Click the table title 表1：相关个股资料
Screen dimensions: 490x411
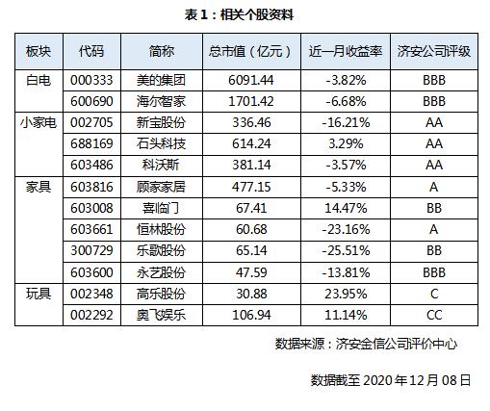tap(239, 15)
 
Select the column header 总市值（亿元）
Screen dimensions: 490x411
tap(251, 51)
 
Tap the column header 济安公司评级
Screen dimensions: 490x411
tap(434, 51)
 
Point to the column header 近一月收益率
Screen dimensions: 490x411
tap(346, 51)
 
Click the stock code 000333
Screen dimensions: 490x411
tap(91, 80)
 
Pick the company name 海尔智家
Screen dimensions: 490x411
tap(161, 101)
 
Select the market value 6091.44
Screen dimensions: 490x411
tap(251, 80)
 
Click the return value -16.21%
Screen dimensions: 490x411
tap(346, 122)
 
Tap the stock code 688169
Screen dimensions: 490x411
tap(91, 143)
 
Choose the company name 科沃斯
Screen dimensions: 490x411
tap(161, 165)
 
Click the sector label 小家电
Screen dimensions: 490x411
tap(39, 122)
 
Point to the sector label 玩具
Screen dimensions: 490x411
tap(39, 294)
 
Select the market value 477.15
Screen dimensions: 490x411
tap(251, 187)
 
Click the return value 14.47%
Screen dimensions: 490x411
tap(346, 208)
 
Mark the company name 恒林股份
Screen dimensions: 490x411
tap(161, 229)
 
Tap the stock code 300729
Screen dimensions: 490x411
tap(91, 250)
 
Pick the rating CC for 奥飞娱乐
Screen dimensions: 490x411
tap(434, 315)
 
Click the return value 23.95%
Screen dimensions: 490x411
tap(346, 294)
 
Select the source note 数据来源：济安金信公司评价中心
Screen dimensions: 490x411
tap(366, 344)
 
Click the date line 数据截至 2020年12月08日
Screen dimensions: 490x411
tap(391, 380)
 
